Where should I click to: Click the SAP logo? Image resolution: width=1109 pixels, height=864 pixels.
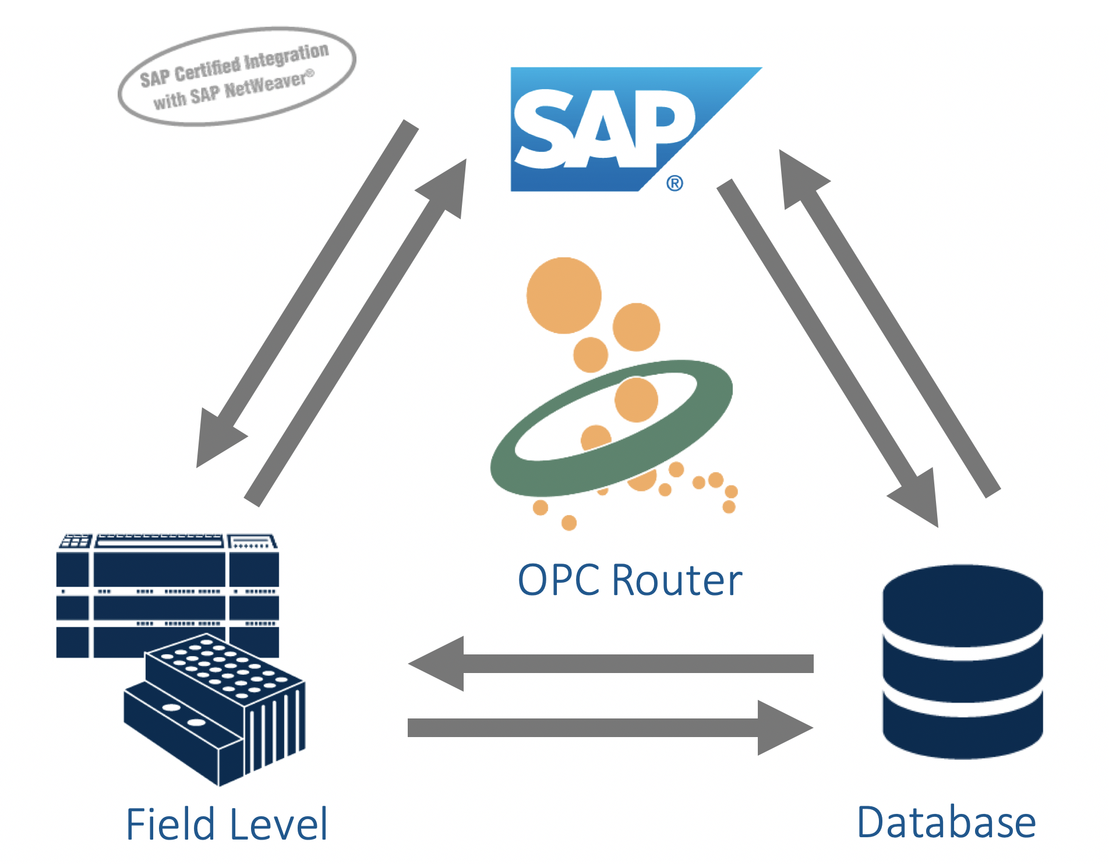(x=606, y=129)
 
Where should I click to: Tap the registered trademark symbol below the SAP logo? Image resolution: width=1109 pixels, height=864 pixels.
(x=674, y=183)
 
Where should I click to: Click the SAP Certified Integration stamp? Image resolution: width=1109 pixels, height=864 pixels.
(x=236, y=76)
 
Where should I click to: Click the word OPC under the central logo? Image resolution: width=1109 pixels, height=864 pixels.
(x=559, y=580)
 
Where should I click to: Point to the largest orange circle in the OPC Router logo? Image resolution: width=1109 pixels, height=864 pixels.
(x=563, y=295)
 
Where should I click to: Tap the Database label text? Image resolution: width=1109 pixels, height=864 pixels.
(x=946, y=822)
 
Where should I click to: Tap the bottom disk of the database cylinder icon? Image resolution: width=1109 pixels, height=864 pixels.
(x=962, y=731)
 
